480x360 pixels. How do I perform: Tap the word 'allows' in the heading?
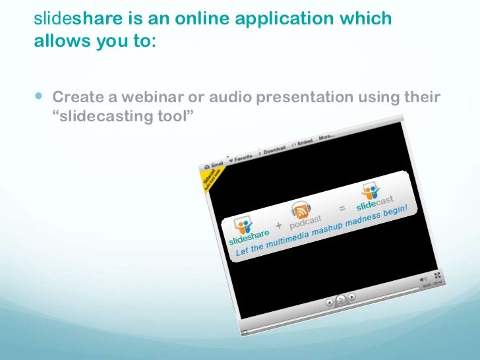57,42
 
